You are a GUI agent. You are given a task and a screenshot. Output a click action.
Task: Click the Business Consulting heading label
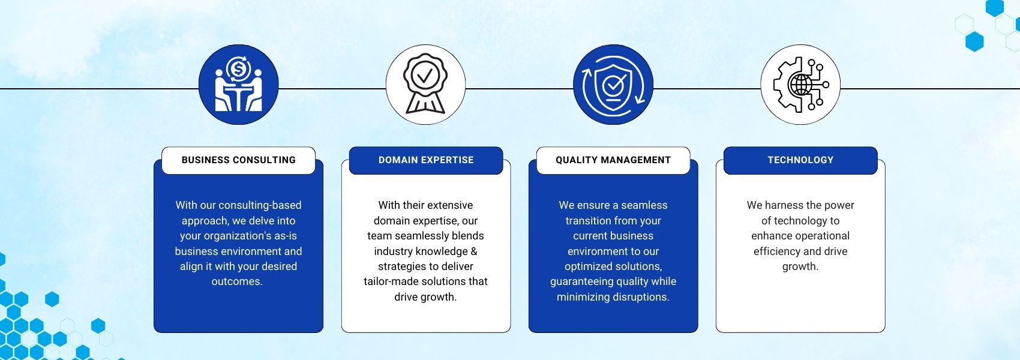pyautogui.click(x=239, y=160)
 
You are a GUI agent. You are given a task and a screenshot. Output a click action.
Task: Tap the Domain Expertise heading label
pyautogui.click(x=426, y=160)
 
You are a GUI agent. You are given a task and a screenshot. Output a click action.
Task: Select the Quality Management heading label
pyautogui.click(x=613, y=160)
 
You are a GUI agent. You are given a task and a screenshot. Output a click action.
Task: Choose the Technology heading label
pyautogui.click(x=800, y=160)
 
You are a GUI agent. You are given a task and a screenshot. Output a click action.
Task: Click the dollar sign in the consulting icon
pyautogui.click(x=238, y=69)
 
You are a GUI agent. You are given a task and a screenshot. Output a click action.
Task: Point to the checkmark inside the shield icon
pyautogui.click(x=613, y=83)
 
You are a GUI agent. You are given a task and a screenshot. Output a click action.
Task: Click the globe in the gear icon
pyautogui.click(x=801, y=85)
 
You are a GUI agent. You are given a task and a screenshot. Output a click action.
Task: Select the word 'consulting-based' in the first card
pyautogui.click(x=260, y=205)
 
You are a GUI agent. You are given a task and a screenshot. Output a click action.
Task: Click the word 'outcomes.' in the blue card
pyautogui.click(x=237, y=281)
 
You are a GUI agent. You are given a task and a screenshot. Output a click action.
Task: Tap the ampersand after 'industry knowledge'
pyautogui.click(x=473, y=251)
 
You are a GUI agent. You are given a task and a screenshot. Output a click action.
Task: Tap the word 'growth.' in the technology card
pyautogui.click(x=800, y=267)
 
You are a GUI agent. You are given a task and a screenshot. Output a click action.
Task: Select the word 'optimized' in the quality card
pyautogui.click(x=586, y=266)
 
